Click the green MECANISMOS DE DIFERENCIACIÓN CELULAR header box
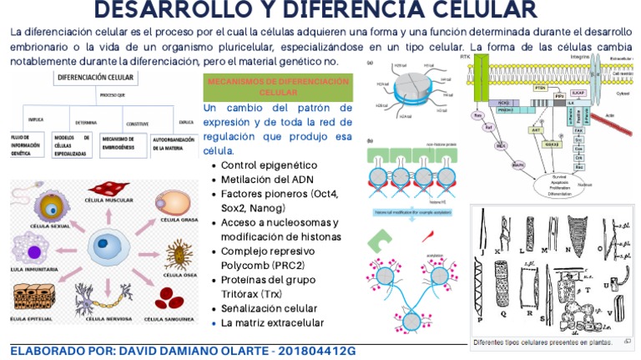(x=278, y=87)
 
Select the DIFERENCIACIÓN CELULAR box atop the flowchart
(x=94, y=78)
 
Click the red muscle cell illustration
(x=109, y=190)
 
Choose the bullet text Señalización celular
(x=269, y=308)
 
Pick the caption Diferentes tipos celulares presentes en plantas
(x=542, y=342)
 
